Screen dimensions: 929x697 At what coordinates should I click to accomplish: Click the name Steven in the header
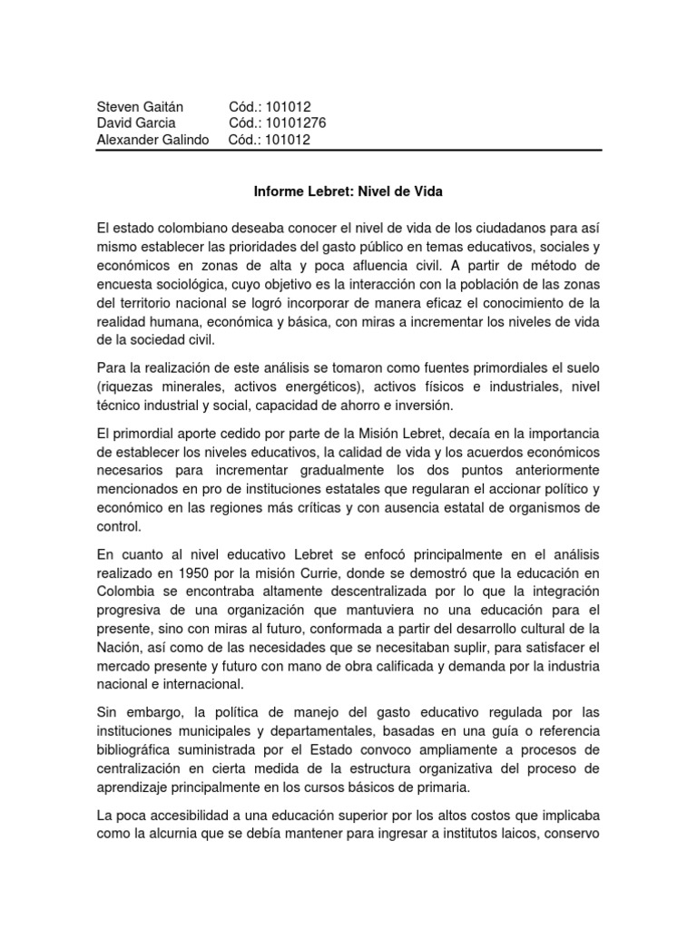pyautogui.click(x=117, y=108)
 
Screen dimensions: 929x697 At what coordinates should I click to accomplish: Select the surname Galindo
pyautogui.click(x=182, y=140)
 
